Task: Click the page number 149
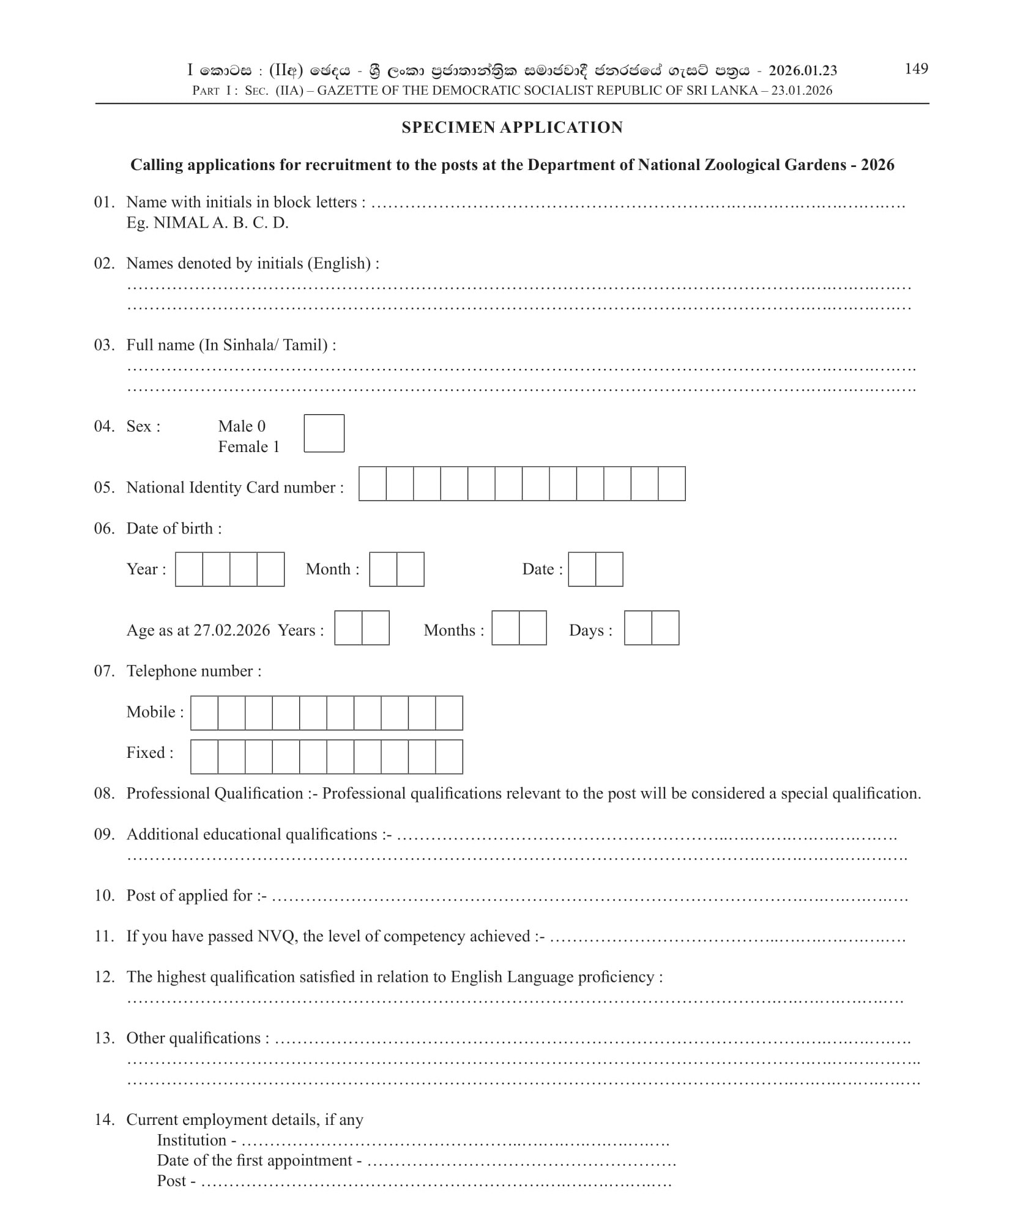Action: coord(915,69)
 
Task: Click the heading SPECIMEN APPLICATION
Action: coord(512,127)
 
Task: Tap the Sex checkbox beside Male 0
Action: coord(324,433)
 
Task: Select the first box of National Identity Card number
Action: coord(373,483)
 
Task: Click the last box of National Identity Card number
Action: coord(671,483)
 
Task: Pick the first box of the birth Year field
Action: coord(189,569)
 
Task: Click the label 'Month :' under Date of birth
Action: coord(332,569)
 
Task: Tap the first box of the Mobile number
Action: coord(204,713)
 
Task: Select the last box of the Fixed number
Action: coord(448,757)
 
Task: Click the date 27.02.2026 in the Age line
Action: coord(232,630)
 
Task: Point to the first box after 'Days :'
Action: coord(638,628)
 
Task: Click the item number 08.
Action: coord(104,793)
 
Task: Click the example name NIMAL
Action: coord(180,223)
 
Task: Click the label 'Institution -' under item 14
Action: coord(196,1140)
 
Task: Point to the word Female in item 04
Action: coord(243,447)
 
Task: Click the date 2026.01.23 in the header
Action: coord(803,71)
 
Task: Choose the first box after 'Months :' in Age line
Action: coord(505,628)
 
